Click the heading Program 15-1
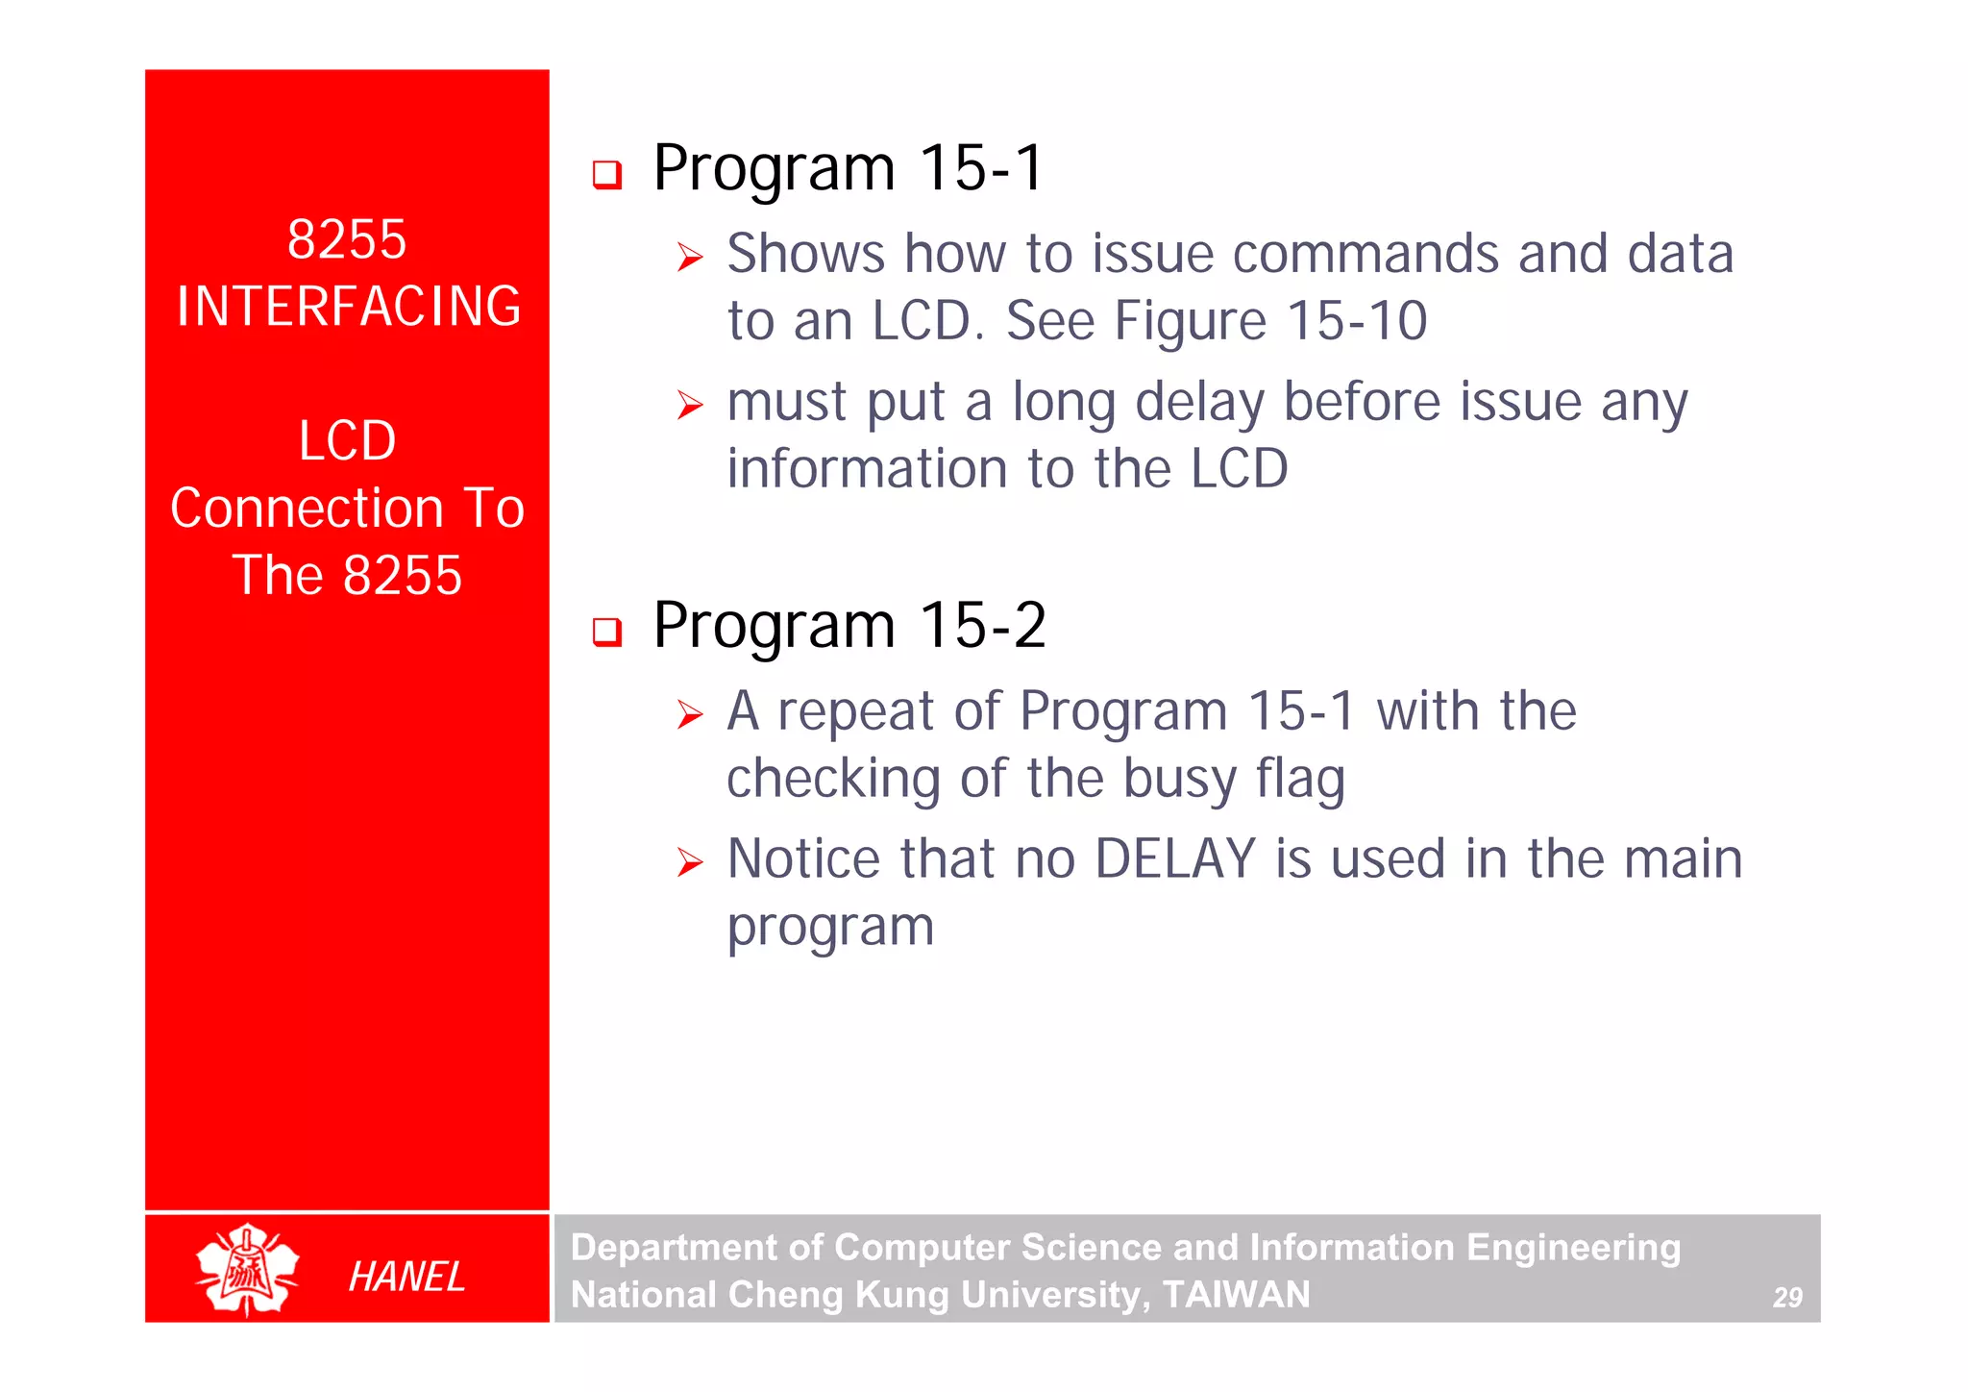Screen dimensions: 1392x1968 pyautogui.click(x=848, y=168)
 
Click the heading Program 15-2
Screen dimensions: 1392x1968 pyautogui.click(x=849, y=626)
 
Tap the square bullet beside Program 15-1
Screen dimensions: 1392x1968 pyautogui.click(x=607, y=175)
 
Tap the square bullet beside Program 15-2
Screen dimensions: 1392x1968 pyautogui.click(x=607, y=632)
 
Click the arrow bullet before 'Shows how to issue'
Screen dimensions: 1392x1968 pyautogui.click(x=690, y=258)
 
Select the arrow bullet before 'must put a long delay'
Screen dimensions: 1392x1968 pyautogui.click(x=690, y=405)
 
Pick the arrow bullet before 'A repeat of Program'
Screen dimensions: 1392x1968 pyautogui.click(x=690, y=714)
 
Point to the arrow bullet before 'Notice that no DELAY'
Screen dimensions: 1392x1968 pyautogui.click(x=690, y=862)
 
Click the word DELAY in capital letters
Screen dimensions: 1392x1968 pyautogui.click(x=1174, y=858)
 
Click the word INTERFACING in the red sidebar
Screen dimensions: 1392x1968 pyautogui.click(x=348, y=307)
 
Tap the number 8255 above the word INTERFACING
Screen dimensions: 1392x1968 pyautogui.click(x=347, y=239)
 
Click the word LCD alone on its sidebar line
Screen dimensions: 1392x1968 pyautogui.click(x=347, y=441)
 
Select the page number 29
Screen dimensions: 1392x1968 pyautogui.click(x=1786, y=1298)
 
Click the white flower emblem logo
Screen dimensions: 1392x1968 pyautogui.click(x=247, y=1269)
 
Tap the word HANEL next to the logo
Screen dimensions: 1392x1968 pyautogui.click(x=406, y=1277)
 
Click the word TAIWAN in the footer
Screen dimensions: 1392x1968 pyautogui.click(x=1236, y=1295)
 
